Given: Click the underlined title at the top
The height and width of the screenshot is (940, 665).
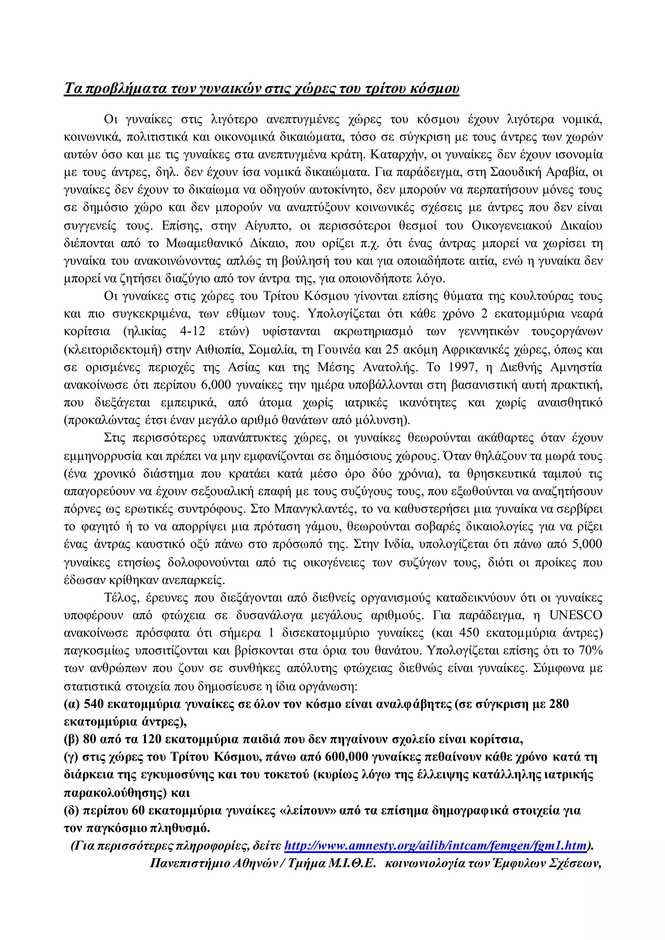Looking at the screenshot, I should coord(261,89).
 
